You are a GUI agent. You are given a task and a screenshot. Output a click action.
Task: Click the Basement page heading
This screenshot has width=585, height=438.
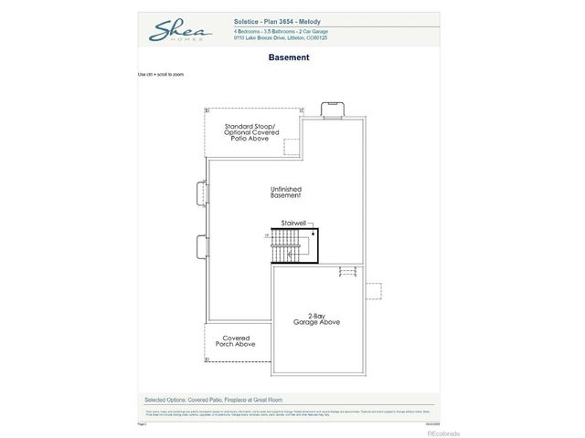pyautogui.click(x=289, y=57)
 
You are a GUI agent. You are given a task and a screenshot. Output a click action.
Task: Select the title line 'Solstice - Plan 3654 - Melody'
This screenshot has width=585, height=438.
pyautogui.click(x=277, y=21)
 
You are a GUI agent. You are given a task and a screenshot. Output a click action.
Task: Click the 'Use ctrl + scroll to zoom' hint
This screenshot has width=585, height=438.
pyautogui.click(x=161, y=74)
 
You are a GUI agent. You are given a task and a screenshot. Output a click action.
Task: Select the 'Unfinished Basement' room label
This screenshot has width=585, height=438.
pyautogui.click(x=286, y=193)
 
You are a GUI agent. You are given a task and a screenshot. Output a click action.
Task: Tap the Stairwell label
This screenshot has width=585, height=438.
pyautogui.click(x=293, y=223)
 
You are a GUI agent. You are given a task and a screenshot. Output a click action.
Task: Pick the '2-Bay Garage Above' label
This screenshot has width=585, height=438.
pyautogui.click(x=317, y=319)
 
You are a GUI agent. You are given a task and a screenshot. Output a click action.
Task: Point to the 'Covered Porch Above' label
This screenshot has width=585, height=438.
pyautogui.click(x=235, y=341)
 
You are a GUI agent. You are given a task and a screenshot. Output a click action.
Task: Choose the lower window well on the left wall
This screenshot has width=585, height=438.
pyautogui.click(x=202, y=246)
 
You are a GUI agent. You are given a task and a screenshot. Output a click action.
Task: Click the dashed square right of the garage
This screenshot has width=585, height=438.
pyautogui.click(x=374, y=291)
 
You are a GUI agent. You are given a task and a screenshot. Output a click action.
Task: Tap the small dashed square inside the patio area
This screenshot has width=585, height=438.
pyautogui.click(x=292, y=147)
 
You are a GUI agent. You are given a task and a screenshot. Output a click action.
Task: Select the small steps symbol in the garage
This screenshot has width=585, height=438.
pyautogui.click(x=347, y=271)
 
